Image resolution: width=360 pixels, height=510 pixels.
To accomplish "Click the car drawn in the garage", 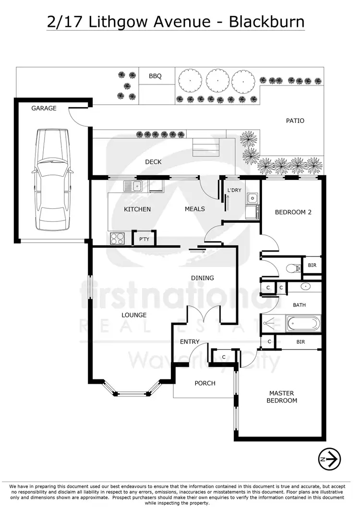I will point(52,182).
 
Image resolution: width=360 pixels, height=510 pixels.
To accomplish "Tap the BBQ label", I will point(155,76).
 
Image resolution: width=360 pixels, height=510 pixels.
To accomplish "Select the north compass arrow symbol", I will point(329,459).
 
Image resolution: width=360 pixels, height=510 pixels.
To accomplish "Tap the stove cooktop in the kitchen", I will point(118,238).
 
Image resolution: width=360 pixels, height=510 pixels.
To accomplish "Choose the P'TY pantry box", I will point(143,239).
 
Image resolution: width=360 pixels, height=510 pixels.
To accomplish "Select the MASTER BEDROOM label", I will point(283,397).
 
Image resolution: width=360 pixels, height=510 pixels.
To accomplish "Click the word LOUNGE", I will point(134,315).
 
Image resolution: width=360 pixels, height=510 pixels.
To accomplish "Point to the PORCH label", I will point(205,383).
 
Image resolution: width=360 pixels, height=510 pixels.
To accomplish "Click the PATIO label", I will point(295,121).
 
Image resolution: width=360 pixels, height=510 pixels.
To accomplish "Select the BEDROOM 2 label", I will point(293,212).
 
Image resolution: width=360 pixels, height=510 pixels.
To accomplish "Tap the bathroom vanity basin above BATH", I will point(306,287).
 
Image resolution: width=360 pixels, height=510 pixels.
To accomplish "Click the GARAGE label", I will point(44,108).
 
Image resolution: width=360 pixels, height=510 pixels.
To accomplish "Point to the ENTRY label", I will point(190,342).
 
